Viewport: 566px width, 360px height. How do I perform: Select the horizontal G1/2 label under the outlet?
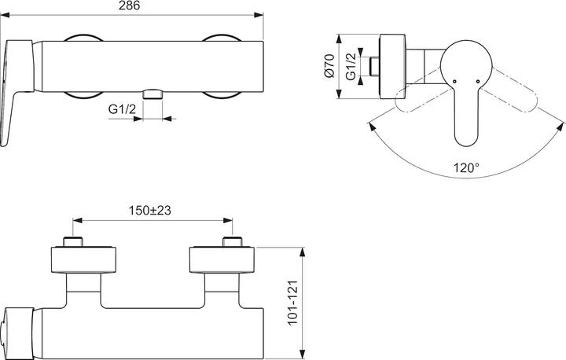[120, 111]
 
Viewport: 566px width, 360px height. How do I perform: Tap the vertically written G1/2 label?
[355, 66]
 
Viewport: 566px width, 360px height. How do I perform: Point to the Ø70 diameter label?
[331, 66]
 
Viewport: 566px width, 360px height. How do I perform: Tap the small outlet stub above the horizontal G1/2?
[154, 94]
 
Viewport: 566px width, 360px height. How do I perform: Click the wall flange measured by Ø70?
[391, 66]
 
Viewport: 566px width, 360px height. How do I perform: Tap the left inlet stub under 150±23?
[72, 241]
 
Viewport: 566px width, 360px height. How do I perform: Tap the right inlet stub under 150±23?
[230, 241]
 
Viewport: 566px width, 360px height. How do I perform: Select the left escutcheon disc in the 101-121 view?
[84, 260]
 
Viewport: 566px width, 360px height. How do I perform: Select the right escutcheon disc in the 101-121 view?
[222, 260]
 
